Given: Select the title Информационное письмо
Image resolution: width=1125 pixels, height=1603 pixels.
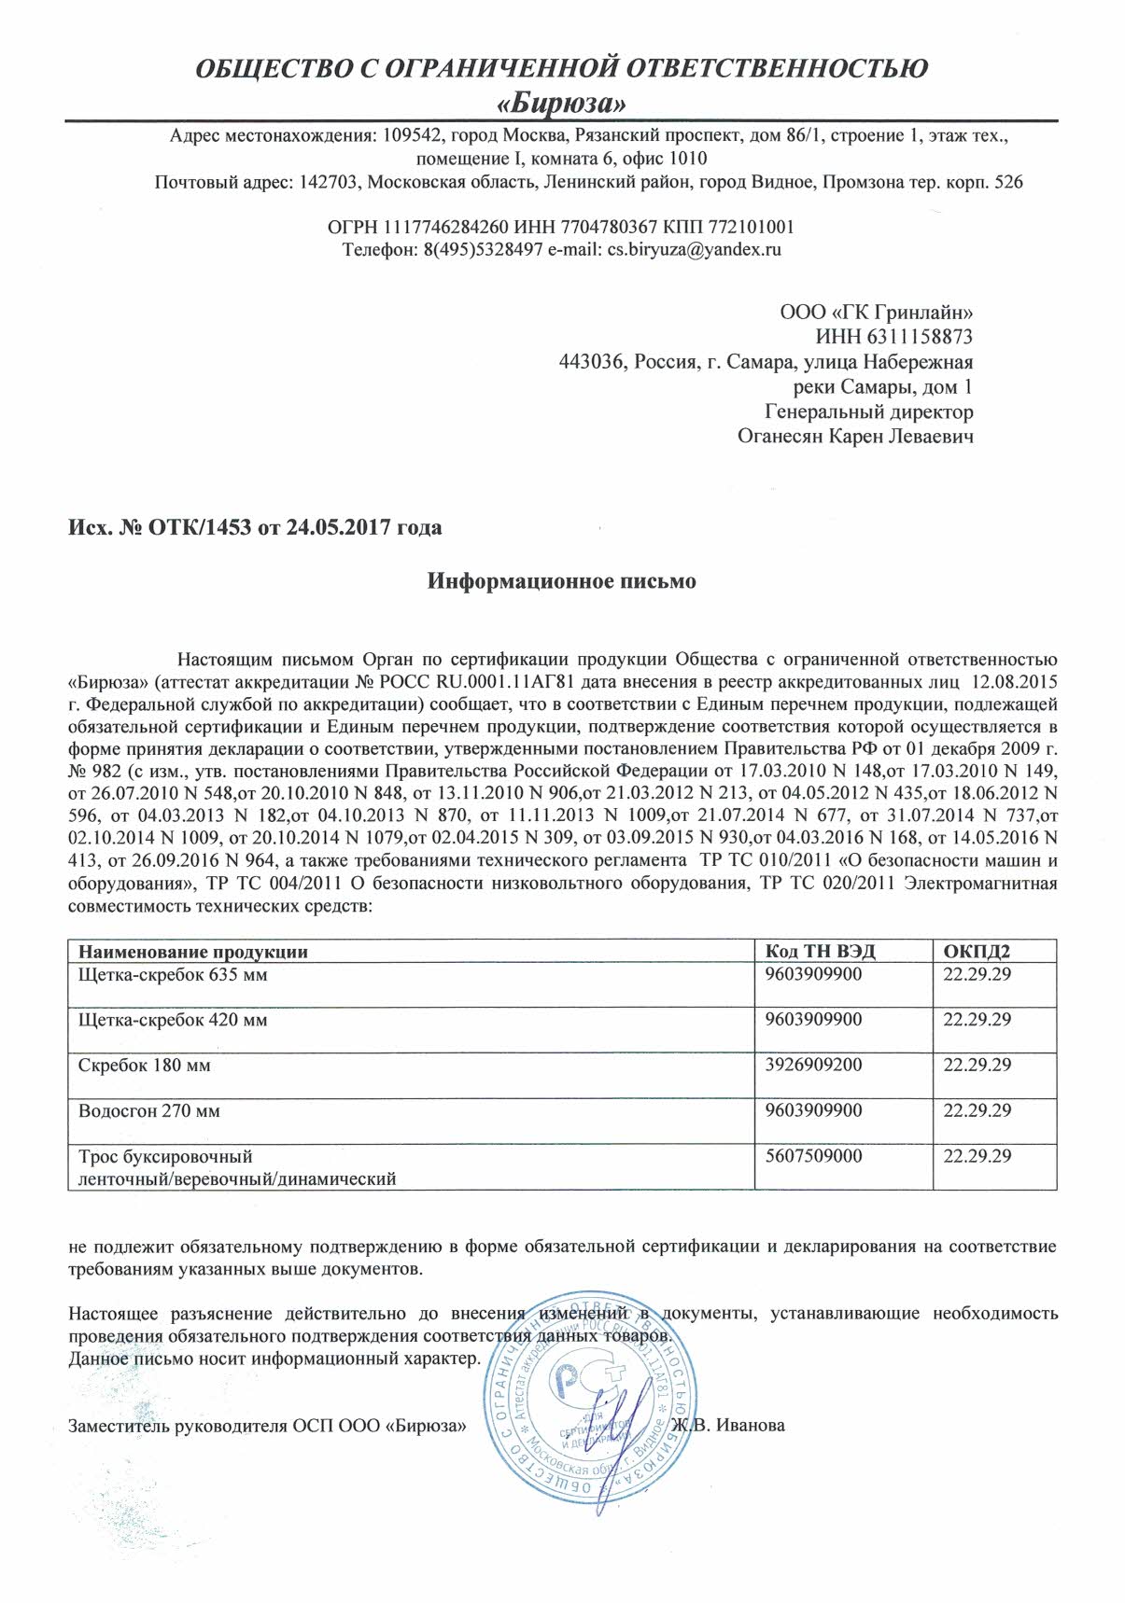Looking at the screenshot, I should click(x=562, y=581).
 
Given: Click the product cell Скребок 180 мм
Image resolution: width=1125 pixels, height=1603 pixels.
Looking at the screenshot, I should click(x=145, y=1065).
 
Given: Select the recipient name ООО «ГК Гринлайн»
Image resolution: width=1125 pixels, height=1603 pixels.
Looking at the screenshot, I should click(x=876, y=312).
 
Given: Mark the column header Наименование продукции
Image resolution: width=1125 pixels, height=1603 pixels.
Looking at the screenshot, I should click(x=193, y=952).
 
